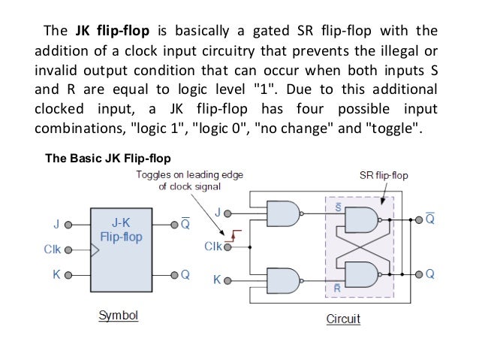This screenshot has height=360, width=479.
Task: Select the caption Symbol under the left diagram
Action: (x=119, y=315)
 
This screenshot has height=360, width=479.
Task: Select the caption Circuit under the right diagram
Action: (x=343, y=318)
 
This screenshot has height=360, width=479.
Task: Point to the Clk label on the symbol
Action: (x=52, y=249)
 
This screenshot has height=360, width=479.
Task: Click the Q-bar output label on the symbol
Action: (x=185, y=223)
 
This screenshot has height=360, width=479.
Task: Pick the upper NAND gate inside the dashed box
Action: (x=361, y=220)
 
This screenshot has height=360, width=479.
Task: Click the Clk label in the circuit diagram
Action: (x=213, y=246)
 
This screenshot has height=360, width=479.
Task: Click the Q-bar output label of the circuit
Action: (x=430, y=218)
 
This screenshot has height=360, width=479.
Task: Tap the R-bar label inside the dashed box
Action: (x=339, y=288)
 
